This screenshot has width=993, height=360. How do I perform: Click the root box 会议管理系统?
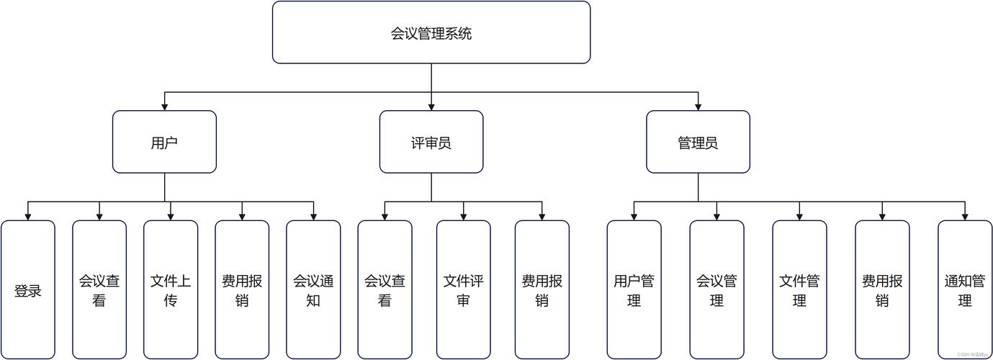(x=431, y=32)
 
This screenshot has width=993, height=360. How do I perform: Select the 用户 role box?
(x=164, y=142)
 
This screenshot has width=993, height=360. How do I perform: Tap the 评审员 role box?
(x=431, y=142)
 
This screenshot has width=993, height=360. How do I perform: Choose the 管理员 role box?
(x=698, y=142)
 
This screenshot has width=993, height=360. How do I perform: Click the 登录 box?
(x=28, y=290)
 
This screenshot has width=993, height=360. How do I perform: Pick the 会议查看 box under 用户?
(x=99, y=290)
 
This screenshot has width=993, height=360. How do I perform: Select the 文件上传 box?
(x=171, y=290)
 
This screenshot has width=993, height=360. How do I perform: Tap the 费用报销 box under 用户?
(x=242, y=290)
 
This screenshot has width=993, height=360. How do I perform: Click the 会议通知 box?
(x=313, y=290)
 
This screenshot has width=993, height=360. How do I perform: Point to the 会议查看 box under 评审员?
(x=385, y=290)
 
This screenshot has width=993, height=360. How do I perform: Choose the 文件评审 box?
(x=463, y=290)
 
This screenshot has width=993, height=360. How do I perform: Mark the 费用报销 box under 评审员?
(x=542, y=290)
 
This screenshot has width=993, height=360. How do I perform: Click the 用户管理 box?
(x=634, y=290)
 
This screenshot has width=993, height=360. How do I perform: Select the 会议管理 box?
(x=716, y=290)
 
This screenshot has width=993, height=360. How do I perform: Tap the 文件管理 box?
(x=799, y=290)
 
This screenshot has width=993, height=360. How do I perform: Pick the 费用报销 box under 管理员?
(x=882, y=290)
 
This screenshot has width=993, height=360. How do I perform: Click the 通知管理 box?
(x=965, y=290)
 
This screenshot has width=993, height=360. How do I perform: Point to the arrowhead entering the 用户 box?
(x=164, y=106)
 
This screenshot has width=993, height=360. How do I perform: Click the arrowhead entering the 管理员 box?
(x=698, y=106)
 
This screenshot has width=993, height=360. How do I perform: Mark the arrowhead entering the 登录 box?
(x=28, y=216)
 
